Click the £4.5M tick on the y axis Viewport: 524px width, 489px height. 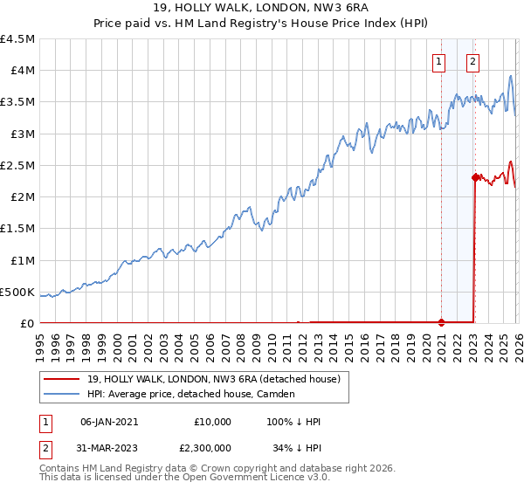(x=18, y=39)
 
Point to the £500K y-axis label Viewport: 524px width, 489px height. (x=18, y=292)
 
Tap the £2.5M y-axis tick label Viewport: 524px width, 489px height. (x=18, y=166)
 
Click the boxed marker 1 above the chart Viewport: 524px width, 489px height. (x=438, y=61)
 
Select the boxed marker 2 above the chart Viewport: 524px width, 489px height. (x=472, y=61)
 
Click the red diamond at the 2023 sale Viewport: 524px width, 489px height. (x=475, y=177)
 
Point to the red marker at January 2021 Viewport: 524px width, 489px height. (x=441, y=322)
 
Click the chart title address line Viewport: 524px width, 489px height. (x=262, y=9)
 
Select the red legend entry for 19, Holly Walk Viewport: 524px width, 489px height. (x=218, y=379)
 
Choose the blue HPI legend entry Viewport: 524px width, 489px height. (x=192, y=395)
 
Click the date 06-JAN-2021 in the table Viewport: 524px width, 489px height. (x=109, y=422)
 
